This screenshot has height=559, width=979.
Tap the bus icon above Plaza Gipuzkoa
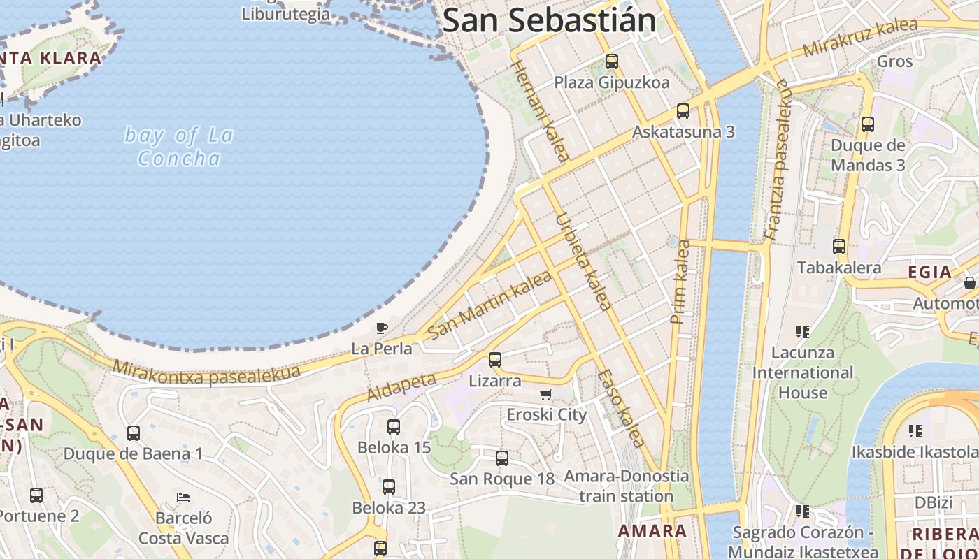(612, 61)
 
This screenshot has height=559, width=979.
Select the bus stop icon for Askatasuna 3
(683, 111)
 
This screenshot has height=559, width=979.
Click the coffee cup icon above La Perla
(381, 328)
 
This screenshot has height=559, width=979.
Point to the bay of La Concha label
(179, 146)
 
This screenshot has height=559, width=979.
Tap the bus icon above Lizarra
(495, 360)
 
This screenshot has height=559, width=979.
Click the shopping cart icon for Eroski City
(546, 394)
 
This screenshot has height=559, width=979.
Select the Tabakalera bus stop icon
(839, 247)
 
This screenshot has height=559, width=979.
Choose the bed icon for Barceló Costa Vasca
(183, 498)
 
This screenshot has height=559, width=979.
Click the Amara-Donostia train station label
(627, 486)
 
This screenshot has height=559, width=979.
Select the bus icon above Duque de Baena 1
(134, 433)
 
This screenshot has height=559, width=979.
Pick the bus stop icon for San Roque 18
(502, 458)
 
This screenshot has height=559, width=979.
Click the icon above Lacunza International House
(802, 331)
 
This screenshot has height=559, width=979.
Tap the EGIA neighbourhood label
(929, 273)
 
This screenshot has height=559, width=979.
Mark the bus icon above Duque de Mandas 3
(868, 124)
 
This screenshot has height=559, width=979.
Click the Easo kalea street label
(620, 408)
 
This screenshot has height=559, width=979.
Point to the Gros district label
(895, 61)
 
